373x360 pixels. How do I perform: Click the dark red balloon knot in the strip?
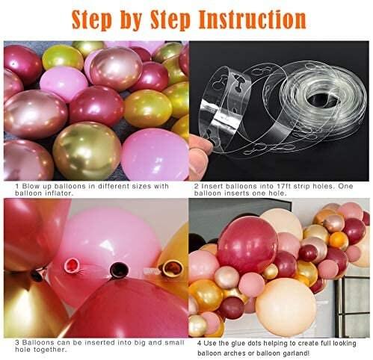(x=117, y=267)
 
